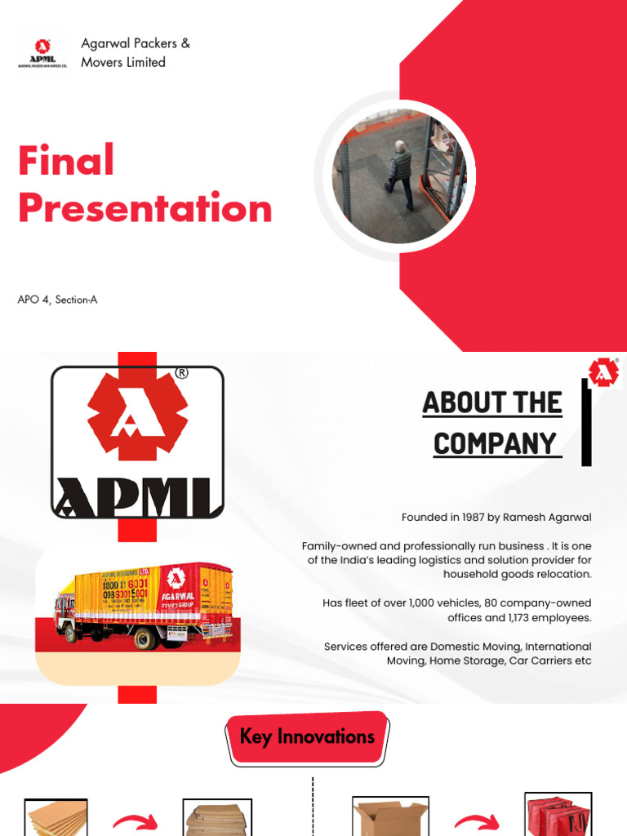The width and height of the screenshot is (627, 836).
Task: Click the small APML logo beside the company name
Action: click(41, 51)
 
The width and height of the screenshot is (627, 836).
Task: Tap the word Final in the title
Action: click(66, 160)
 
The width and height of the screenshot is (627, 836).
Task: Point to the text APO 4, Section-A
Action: click(57, 300)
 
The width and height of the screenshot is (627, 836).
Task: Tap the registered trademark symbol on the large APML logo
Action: click(181, 373)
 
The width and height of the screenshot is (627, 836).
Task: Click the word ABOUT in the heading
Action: click(464, 402)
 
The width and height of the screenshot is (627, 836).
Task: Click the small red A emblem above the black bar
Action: click(603, 372)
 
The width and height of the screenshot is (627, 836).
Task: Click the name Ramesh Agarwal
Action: click(547, 518)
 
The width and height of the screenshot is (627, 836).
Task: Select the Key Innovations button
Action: click(307, 736)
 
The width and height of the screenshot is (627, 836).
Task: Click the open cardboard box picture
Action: click(385, 817)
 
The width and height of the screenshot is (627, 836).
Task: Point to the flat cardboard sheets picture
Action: click(56, 818)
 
